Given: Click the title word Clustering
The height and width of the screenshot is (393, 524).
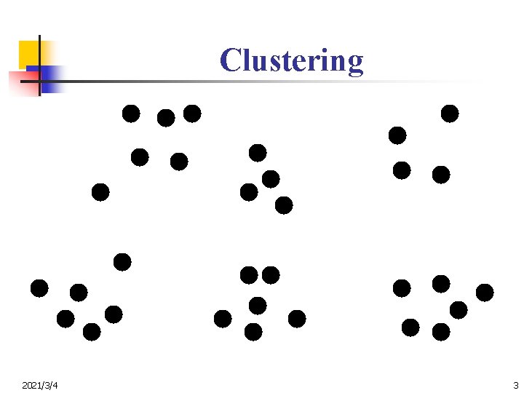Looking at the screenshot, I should (x=291, y=60).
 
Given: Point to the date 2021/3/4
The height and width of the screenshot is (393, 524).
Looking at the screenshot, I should (x=41, y=384).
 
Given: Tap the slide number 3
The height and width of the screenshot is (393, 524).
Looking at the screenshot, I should (x=515, y=384).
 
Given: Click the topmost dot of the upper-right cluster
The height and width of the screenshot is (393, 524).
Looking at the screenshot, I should (x=450, y=114).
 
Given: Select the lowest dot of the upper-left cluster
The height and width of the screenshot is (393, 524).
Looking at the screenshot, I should (x=100, y=192).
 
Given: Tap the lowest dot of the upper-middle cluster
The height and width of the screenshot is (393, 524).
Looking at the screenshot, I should (x=284, y=205).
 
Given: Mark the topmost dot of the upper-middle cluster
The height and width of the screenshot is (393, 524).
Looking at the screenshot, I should (x=258, y=153).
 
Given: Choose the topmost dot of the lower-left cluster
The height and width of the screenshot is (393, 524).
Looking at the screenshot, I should (x=122, y=261).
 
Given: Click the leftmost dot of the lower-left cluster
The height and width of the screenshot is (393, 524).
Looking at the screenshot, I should (x=39, y=288).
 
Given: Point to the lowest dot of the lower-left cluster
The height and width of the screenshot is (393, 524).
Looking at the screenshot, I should (x=92, y=332).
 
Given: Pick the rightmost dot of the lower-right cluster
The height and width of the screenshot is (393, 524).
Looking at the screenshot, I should (x=485, y=293).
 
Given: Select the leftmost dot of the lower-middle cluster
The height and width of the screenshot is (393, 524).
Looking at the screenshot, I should (x=223, y=319).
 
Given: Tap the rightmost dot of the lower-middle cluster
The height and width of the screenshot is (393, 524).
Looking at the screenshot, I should (x=297, y=319).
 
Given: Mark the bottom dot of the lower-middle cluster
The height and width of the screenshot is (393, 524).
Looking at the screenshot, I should (x=253, y=332).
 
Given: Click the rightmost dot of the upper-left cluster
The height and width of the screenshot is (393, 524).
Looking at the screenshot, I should (x=192, y=114).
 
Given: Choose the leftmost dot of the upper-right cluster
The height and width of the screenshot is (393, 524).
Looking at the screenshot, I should (x=397, y=135).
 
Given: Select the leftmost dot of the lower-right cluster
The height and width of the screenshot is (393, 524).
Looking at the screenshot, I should (x=402, y=288).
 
